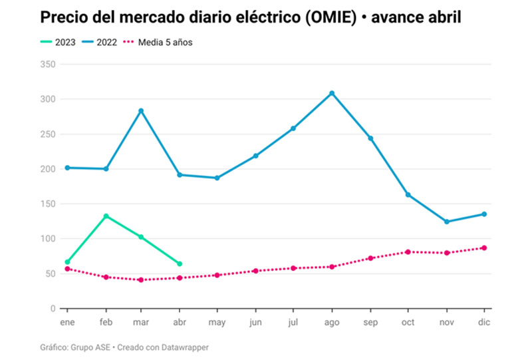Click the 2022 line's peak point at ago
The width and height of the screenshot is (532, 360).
tap(332, 93)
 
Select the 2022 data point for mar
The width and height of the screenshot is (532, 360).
tap(141, 110)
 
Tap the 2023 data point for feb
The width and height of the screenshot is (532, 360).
tap(106, 216)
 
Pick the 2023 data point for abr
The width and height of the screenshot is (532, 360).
tap(180, 264)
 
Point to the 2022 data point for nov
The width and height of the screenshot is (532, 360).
tap(446, 222)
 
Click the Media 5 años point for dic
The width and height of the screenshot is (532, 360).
tap(484, 248)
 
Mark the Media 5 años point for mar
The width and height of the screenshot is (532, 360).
tap(141, 279)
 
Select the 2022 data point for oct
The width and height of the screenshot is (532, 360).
tap(408, 194)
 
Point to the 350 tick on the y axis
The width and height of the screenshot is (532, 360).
tap(47, 65)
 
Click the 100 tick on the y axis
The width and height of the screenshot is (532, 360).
tap(47, 239)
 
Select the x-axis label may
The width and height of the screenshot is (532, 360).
tap(217, 323)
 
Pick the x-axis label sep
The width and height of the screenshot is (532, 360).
tap(370, 323)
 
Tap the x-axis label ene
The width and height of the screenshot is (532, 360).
tap(65, 323)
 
